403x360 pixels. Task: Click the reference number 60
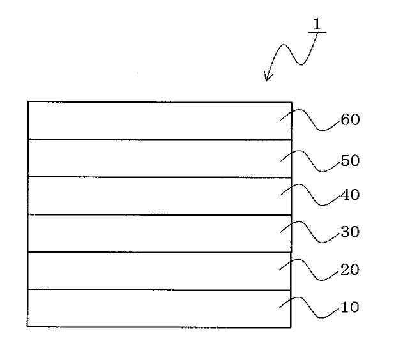[x=350, y=119]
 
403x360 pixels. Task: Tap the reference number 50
[x=350, y=161]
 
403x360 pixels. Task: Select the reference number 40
[x=350, y=195]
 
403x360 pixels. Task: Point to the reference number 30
[x=350, y=232]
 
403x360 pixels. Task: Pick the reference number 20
[x=350, y=269]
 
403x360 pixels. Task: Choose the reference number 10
[x=350, y=307]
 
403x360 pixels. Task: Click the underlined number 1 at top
[x=317, y=24]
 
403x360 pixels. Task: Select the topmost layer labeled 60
[x=153, y=121]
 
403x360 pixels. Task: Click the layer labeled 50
[x=153, y=158]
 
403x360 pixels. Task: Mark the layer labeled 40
[x=153, y=196]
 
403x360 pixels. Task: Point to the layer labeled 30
[x=153, y=234]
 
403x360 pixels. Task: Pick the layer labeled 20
[x=153, y=271]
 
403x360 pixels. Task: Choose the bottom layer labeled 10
[x=153, y=308]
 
